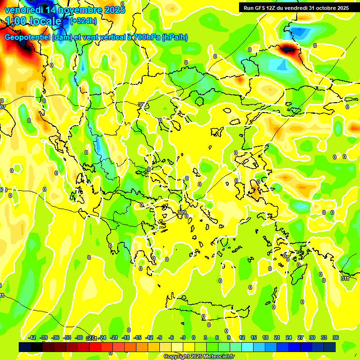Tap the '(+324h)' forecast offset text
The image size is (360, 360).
[x=83, y=21]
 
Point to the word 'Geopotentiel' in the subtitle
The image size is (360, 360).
[x=27, y=37]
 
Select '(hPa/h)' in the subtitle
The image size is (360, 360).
[x=174, y=37]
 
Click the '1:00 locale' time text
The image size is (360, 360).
[x=33, y=21]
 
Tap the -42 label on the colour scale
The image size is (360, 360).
[x=32, y=337]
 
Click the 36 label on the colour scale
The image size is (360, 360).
[x=336, y=337]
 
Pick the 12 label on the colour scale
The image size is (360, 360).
[x=242, y=337]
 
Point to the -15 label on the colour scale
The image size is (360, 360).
[x=138, y=337]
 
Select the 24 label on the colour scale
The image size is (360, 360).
[x=289, y=337]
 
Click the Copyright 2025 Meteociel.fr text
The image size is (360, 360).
[x=199, y=357]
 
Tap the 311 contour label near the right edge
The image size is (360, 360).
[x=345, y=278]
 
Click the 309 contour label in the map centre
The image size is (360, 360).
[x=182, y=213]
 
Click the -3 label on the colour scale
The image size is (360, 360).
[x=183, y=337]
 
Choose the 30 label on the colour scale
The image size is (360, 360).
[x=312, y=337]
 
